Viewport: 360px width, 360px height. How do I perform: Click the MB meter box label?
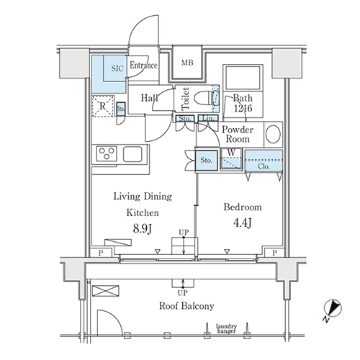pos(187,63)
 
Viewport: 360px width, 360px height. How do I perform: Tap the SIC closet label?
pos(117,68)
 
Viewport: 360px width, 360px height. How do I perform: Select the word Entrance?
pos(143,65)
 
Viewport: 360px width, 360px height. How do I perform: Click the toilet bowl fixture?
pos(204,99)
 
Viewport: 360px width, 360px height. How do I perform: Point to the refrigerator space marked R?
pos(103,107)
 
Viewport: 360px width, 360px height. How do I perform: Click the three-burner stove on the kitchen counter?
pos(107,153)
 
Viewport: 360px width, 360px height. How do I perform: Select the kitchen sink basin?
pos(132,154)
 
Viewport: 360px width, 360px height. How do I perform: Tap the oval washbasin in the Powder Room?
pos(273,135)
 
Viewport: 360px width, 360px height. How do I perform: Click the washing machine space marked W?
pos(230,158)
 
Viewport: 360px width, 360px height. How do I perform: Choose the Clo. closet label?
pos(264,166)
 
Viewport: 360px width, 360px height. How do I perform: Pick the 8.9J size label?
pos(143,228)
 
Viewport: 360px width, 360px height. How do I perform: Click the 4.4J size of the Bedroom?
pos(243,223)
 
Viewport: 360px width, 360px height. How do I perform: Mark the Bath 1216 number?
pos(243,108)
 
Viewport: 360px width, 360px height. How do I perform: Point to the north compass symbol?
pos(332,309)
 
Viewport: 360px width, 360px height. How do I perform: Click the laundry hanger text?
pos(226,329)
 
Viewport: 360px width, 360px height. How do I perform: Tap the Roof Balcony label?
pos(186,306)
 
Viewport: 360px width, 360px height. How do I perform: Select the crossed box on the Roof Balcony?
pos(106,291)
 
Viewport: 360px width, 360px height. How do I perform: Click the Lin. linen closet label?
pos(208,118)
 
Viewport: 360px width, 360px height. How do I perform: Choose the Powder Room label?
pos(238,135)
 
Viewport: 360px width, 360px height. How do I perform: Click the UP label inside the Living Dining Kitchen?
pos(184,233)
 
